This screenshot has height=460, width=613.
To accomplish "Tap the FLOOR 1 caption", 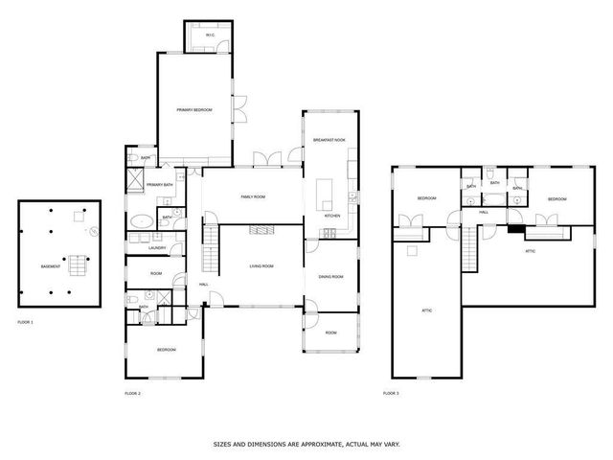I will click(x=25, y=321).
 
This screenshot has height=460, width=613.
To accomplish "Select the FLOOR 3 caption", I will click(x=391, y=393).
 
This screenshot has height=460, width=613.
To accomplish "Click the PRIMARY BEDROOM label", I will click(x=194, y=111).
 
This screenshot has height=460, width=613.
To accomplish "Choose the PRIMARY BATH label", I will click(x=160, y=184).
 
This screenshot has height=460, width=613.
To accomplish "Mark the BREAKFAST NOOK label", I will click(x=329, y=140).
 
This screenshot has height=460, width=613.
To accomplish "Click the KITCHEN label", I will click(x=332, y=217).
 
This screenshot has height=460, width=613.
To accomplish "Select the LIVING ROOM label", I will click(x=261, y=265).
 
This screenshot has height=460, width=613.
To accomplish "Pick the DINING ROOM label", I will click(x=330, y=277).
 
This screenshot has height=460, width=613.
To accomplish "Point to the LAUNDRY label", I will click(x=158, y=248).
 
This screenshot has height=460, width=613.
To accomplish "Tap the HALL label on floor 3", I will click(x=485, y=212).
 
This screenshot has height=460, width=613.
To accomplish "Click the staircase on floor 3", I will click(x=469, y=250).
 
